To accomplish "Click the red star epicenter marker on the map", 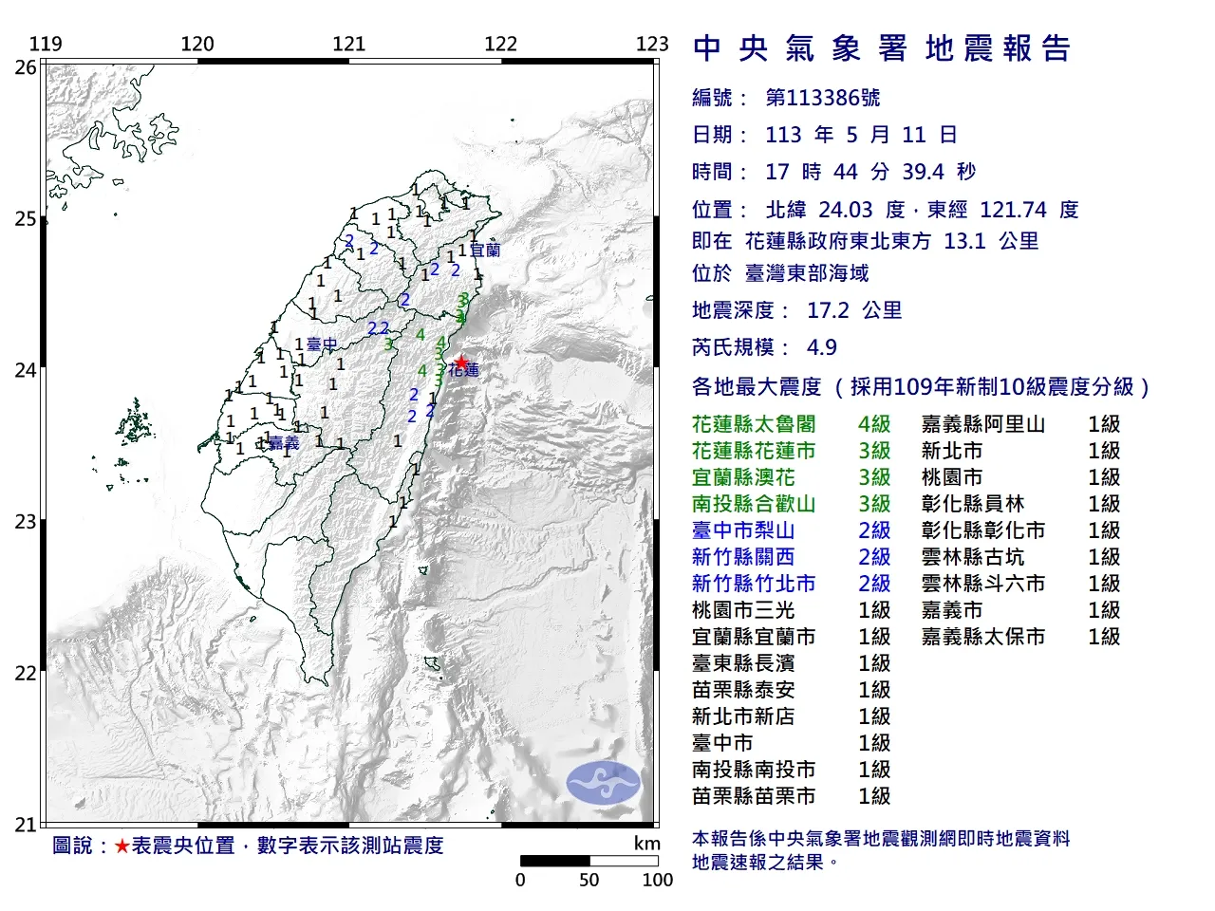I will click(460, 362).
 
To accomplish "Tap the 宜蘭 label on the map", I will click(485, 251).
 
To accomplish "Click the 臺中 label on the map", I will click(322, 345).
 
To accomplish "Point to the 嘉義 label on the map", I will click(284, 443).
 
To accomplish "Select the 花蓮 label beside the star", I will click(465, 371).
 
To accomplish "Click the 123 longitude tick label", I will click(652, 44).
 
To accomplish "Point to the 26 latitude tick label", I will click(26, 67).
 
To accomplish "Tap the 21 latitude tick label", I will click(26, 825).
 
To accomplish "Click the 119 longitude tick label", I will click(46, 44).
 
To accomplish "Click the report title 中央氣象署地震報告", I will click(882, 48).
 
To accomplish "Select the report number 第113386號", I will click(823, 98).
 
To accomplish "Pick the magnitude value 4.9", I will click(821, 347).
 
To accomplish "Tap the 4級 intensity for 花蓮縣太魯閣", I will click(874, 424).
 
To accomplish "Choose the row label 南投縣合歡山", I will click(754, 504).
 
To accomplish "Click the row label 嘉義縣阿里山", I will click(982, 424).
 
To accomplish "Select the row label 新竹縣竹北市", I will click(754, 584).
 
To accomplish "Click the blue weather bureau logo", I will click(603, 784).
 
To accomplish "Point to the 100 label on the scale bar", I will click(657, 880).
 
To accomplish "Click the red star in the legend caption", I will click(121, 846).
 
